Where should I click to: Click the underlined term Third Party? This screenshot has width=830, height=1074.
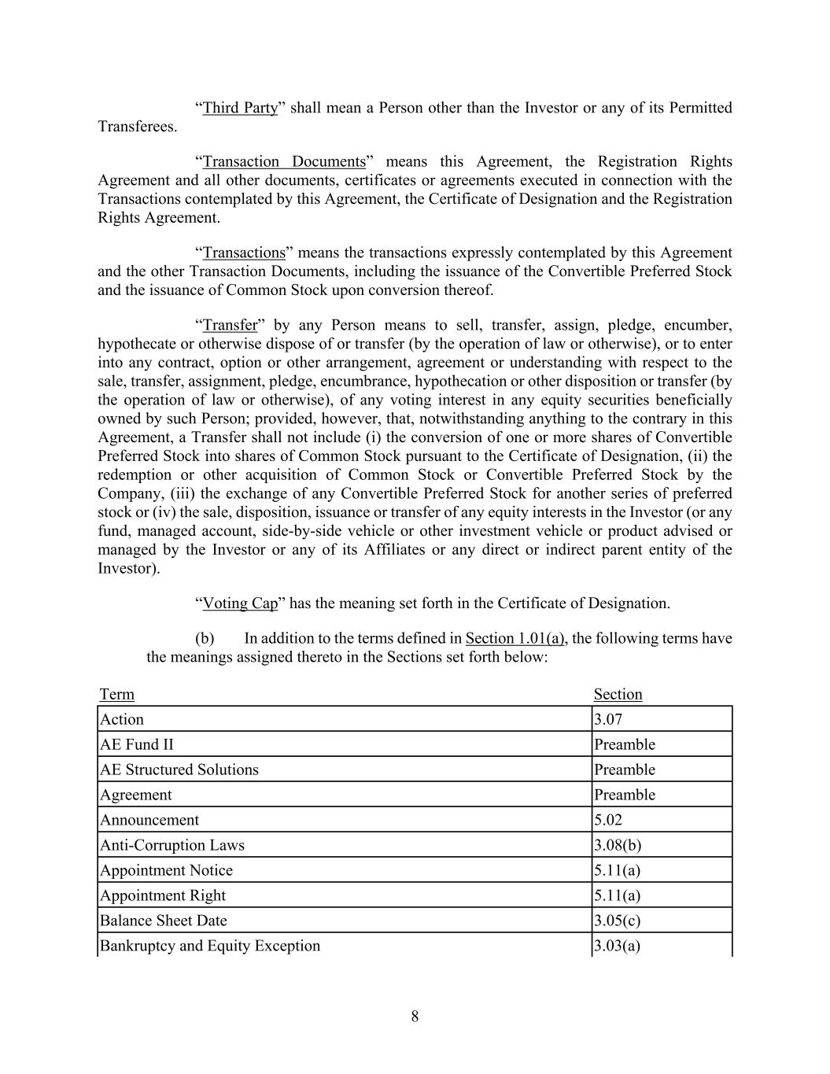(x=240, y=108)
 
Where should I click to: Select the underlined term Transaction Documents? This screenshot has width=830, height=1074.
(x=284, y=161)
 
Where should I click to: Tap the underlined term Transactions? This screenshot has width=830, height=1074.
(x=244, y=253)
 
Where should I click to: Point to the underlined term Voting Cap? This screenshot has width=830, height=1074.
(x=240, y=603)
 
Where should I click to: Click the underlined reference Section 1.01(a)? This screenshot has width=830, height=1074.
(x=515, y=638)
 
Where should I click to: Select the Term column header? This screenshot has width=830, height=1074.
(x=117, y=694)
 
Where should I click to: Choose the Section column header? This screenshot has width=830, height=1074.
(x=618, y=694)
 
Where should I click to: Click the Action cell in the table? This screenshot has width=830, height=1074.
(x=122, y=719)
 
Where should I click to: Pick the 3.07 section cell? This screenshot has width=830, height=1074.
(x=608, y=719)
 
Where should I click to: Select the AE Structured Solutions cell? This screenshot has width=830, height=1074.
(x=179, y=770)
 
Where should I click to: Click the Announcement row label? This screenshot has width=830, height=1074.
(x=149, y=820)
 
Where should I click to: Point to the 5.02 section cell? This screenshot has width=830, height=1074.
(x=608, y=820)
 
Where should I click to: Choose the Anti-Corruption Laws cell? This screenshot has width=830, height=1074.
(x=172, y=845)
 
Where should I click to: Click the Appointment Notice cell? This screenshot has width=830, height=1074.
(x=166, y=870)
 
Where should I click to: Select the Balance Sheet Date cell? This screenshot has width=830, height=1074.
(x=163, y=921)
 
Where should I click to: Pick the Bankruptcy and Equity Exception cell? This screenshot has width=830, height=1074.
(x=210, y=946)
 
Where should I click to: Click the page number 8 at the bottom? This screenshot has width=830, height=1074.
(x=415, y=1017)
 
